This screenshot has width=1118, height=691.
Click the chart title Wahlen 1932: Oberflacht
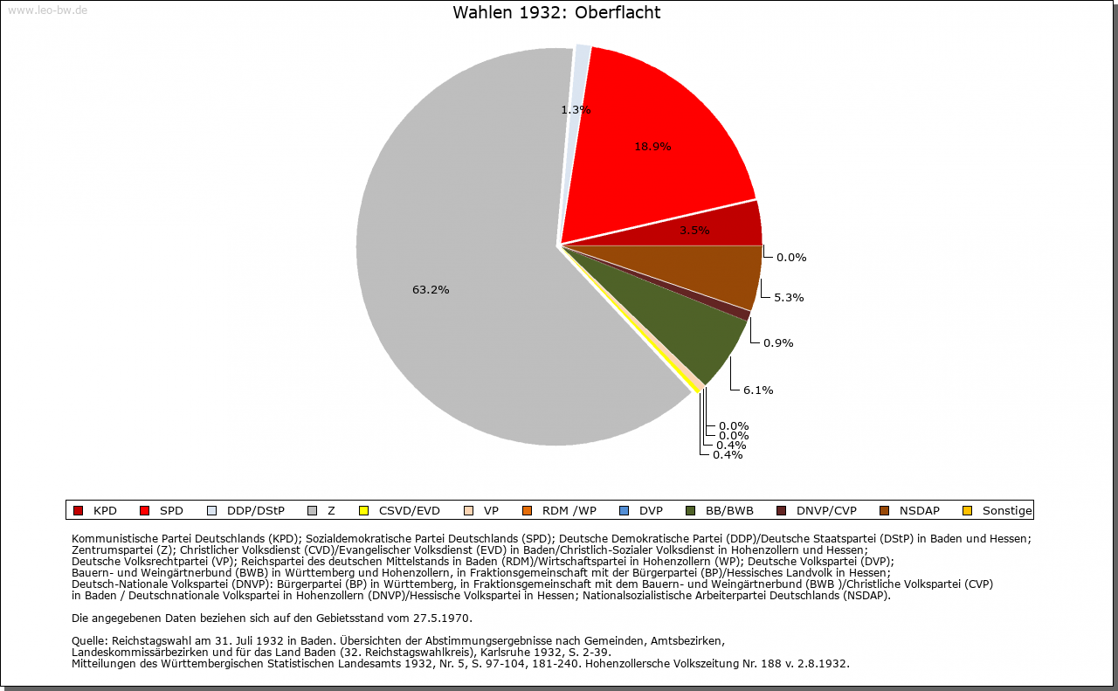coord(556,12)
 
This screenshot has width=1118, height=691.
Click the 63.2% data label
coord(431,290)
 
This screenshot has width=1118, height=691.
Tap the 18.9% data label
coord(652,147)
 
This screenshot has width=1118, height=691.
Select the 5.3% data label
coord(789,298)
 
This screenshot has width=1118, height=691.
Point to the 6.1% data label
coord(758,390)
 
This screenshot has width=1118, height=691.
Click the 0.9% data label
coord(778,343)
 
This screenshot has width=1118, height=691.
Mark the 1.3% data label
coord(576,110)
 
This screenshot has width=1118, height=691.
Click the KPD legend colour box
coord(78,511)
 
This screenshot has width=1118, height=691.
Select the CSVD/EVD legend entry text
coord(410,511)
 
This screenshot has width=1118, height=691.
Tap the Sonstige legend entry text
coord(1006,511)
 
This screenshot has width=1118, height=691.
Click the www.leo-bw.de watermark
coord(47,10)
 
